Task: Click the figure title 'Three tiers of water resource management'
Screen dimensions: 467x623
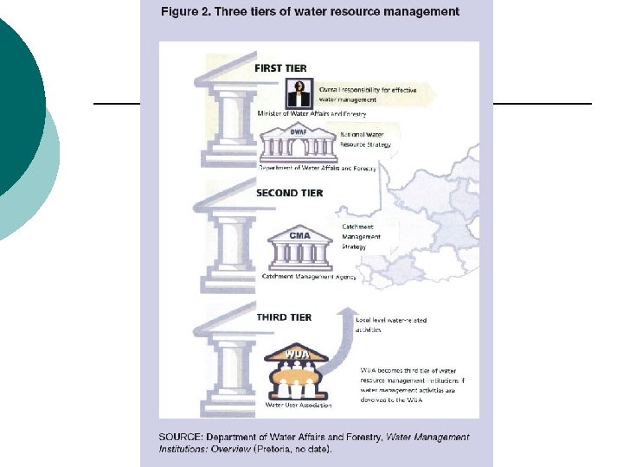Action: (310, 12)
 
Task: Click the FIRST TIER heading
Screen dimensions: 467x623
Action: (280, 68)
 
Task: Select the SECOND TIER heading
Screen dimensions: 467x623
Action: (289, 194)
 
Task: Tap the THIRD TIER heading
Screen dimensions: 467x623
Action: (284, 318)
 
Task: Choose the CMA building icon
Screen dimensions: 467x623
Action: (299, 251)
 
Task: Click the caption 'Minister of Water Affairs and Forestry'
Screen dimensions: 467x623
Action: (311, 114)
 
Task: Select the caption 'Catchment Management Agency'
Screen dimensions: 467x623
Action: (309, 276)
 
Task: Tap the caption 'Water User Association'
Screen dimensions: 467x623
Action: (299, 404)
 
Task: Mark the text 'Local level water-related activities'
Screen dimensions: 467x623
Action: (390, 325)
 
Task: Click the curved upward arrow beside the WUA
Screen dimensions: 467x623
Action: (339, 346)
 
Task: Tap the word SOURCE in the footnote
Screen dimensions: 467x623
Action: (179, 437)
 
